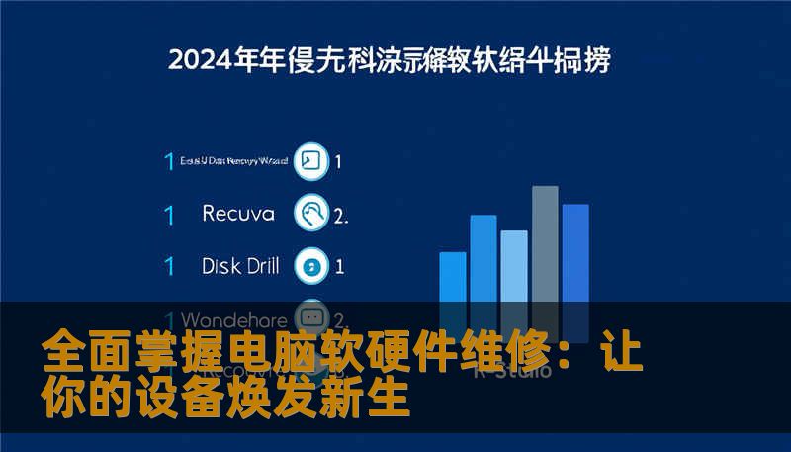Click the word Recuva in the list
(237, 213)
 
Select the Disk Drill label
(240, 265)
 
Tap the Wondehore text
(235, 319)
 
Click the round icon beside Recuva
(312, 213)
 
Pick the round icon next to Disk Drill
(312, 265)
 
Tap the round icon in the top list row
(312, 161)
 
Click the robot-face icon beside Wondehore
(312, 318)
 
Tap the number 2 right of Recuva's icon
(340, 214)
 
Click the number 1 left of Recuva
(169, 214)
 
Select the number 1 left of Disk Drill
(169, 266)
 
